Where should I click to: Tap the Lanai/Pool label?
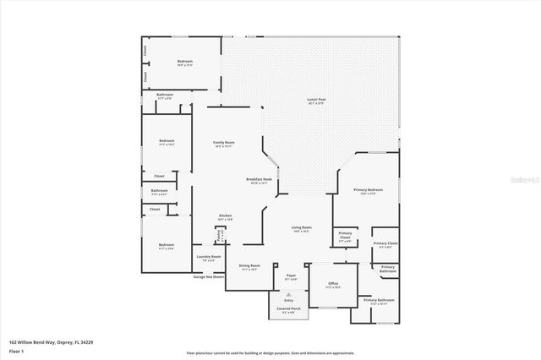[x=316, y=101]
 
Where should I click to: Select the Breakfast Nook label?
[x=259, y=180]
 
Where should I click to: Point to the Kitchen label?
[x=225, y=216]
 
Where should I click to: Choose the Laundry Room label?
[x=209, y=258]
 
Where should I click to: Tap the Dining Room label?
[x=249, y=267]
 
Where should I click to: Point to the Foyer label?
[x=290, y=276]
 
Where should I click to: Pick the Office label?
[x=333, y=285]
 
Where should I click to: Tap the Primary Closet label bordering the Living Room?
[x=345, y=236]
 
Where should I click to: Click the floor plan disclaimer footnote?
[x=270, y=352]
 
